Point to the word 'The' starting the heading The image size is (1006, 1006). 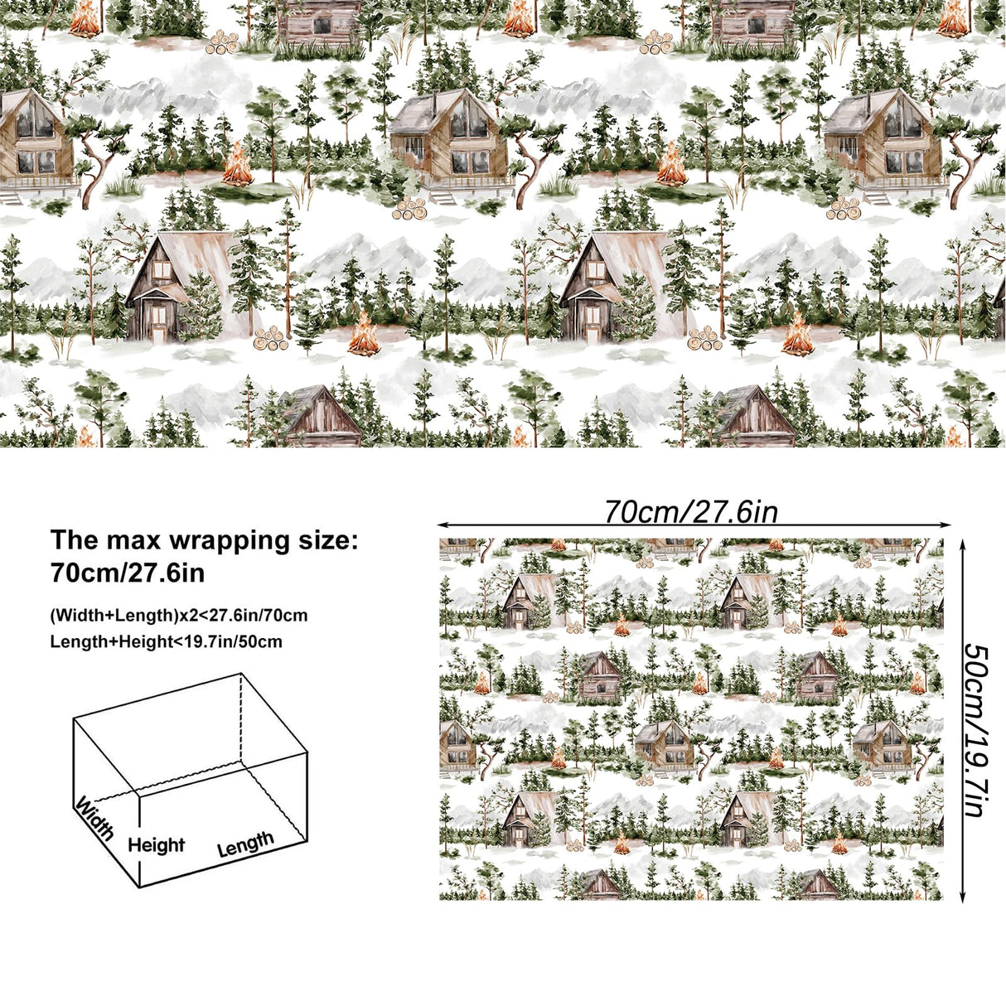75,540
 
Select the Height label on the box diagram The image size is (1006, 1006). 156,845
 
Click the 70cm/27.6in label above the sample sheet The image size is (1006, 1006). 690,512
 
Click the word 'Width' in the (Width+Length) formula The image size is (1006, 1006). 75,616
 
